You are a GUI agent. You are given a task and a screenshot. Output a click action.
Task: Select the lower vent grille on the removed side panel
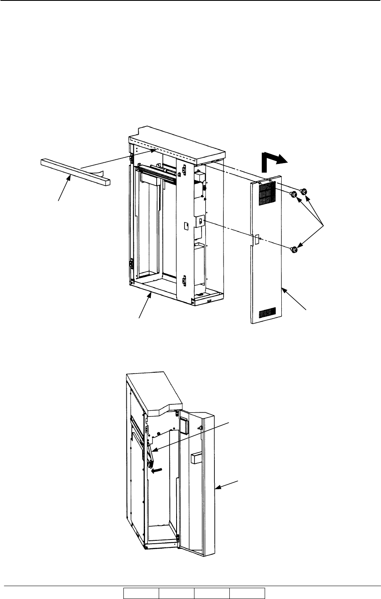click(267, 311)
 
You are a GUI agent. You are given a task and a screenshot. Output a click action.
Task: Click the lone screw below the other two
click(294, 250)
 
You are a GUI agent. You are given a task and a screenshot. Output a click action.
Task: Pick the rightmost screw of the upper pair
click(303, 191)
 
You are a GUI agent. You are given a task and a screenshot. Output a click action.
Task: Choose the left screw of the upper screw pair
click(293, 194)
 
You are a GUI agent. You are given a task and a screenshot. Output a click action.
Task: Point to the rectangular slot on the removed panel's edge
click(256, 238)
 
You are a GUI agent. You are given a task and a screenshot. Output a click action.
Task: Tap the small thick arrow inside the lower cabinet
click(157, 470)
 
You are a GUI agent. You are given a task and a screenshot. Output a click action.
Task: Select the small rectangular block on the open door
click(197, 458)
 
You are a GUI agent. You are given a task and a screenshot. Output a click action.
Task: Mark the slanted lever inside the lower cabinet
click(150, 455)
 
